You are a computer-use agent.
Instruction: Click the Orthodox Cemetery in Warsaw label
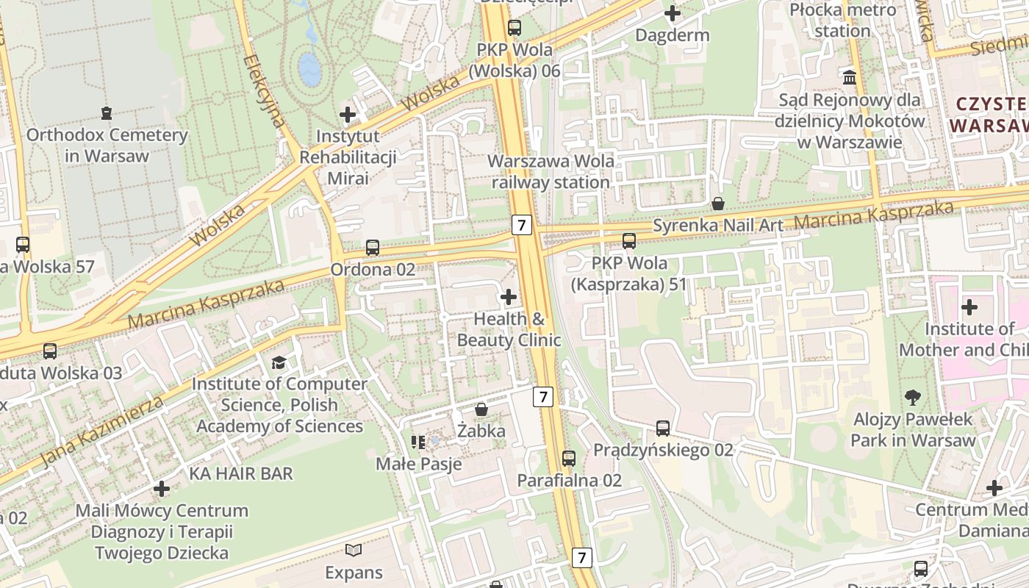pyautogui.click(x=107, y=146)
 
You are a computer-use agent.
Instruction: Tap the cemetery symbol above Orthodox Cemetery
pyautogui.click(x=107, y=113)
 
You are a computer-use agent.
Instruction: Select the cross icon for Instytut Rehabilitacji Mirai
pyautogui.click(x=348, y=115)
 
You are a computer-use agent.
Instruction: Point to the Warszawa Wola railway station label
pyautogui.click(x=551, y=171)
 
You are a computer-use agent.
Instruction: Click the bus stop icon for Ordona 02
pyautogui.click(x=373, y=248)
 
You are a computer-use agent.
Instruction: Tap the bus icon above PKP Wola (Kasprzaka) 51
pyautogui.click(x=628, y=240)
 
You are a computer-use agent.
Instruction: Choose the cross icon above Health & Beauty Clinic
pyautogui.click(x=508, y=297)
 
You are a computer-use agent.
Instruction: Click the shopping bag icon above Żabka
pyautogui.click(x=481, y=409)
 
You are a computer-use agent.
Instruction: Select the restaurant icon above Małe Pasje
pyautogui.click(x=418, y=442)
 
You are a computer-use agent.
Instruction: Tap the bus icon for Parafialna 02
pyautogui.click(x=569, y=458)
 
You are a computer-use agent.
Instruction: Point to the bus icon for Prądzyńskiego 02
pyautogui.click(x=663, y=428)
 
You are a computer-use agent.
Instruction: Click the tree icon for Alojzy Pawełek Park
pyautogui.click(x=913, y=398)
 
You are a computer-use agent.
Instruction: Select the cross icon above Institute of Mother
pyautogui.click(x=969, y=306)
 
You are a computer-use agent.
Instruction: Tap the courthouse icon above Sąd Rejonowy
pyautogui.click(x=850, y=77)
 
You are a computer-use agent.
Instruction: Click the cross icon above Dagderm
pyautogui.click(x=673, y=13)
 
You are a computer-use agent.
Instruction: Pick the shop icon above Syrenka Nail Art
pyautogui.click(x=718, y=204)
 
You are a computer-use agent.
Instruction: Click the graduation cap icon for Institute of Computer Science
pyautogui.click(x=279, y=362)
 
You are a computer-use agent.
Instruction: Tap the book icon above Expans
pyautogui.click(x=354, y=550)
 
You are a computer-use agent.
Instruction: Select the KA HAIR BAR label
pyautogui.click(x=241, y=473)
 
